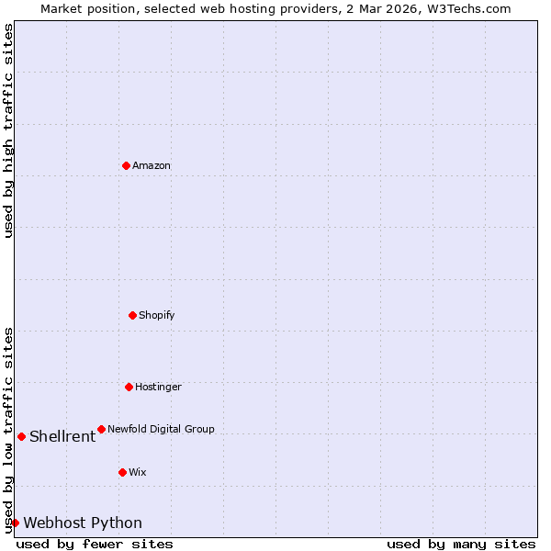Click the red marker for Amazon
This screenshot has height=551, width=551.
126,165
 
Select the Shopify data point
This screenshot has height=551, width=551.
132,315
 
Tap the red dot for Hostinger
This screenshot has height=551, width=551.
129,387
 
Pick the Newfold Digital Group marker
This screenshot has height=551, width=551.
101,429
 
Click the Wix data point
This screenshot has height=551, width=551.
122,472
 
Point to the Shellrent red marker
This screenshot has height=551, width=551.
21,436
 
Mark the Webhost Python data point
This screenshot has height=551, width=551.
15,523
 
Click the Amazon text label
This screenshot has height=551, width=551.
152,166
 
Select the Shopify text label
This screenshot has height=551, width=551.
156,316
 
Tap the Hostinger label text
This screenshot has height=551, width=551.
158,388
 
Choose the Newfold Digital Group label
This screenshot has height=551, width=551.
161,430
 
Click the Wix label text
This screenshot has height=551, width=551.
137,473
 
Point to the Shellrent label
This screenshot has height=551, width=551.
62,437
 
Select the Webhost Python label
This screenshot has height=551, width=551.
83,523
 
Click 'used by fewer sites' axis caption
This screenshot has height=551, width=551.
95,545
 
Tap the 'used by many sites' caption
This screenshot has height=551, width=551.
461,545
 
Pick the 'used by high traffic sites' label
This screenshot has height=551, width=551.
9,130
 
